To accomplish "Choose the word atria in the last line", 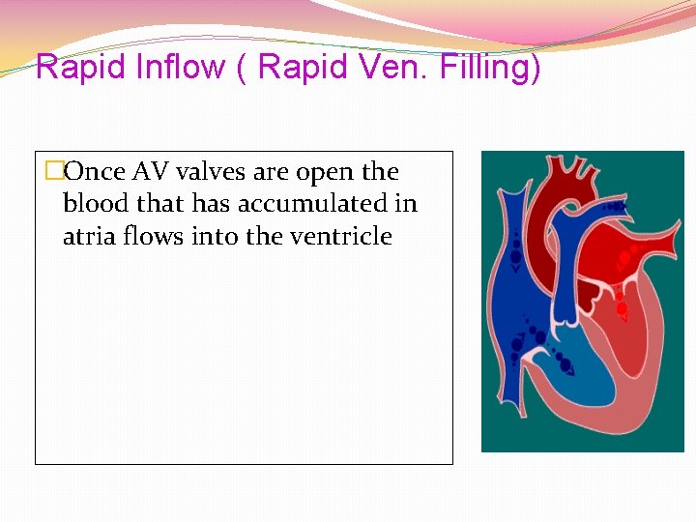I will click(87, 236).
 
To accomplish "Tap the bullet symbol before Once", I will click(54, 172).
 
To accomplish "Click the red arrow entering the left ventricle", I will click(622, 310).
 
